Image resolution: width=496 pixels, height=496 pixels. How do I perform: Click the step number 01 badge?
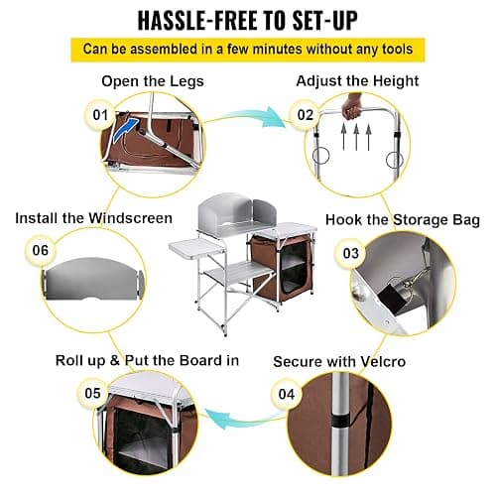100,115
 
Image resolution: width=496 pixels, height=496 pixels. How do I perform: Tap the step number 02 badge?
306,115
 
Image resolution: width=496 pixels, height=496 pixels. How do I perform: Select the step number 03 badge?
351,254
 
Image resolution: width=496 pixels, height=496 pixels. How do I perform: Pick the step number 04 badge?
287,394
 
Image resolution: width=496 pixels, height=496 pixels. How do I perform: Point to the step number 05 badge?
92,393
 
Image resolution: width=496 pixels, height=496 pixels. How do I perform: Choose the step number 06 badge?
41,250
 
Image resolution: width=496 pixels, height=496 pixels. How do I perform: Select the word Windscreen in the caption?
130,218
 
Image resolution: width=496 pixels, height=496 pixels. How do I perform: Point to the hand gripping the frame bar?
351,106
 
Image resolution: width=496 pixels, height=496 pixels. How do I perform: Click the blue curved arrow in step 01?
125,129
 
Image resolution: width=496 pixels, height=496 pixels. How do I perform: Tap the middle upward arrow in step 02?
356,136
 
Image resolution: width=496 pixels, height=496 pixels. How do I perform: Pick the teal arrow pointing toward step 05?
245,419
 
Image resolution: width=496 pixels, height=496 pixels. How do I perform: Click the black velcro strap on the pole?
341,421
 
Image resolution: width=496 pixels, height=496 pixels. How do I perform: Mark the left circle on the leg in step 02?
320,155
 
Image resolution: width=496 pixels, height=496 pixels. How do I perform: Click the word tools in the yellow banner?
398,50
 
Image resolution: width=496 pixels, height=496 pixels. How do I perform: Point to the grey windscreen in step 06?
93,279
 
